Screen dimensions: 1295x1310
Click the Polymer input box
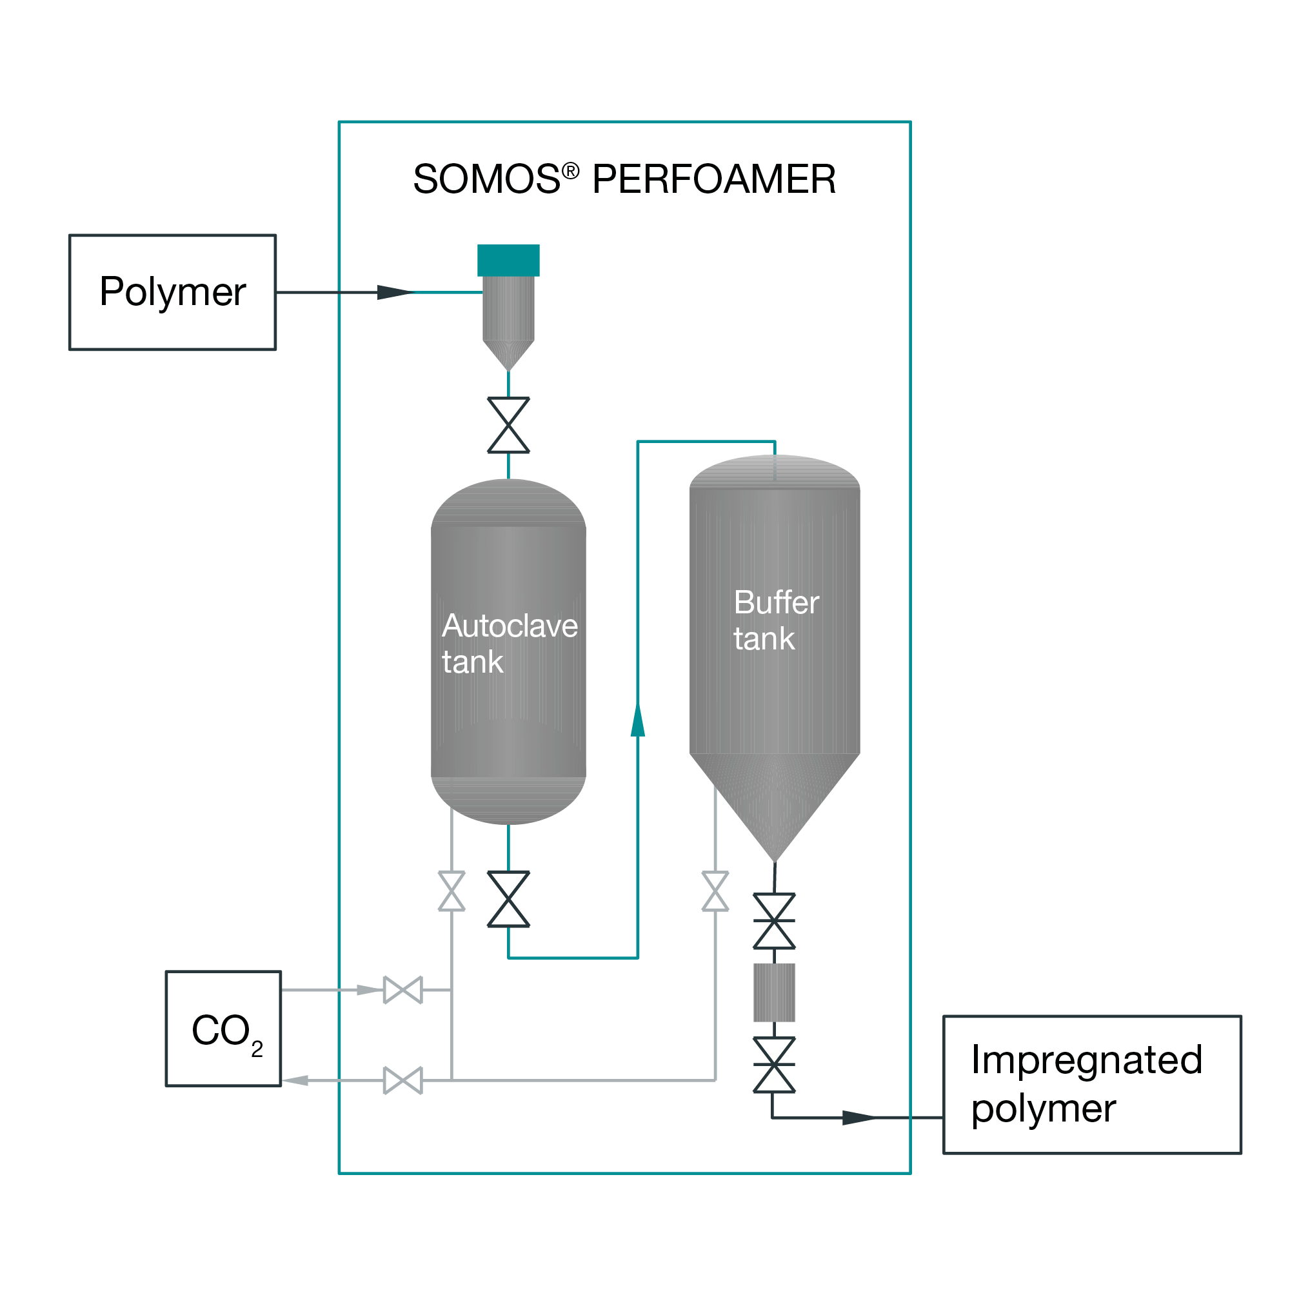pos(172,292)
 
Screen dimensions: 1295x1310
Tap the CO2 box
pos(223,1029)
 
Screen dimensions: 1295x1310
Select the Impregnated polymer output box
pos(1091,1084)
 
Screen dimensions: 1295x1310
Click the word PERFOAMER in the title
pos(713,180)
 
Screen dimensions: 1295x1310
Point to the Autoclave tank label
pos(508,643)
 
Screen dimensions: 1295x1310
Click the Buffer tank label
pos(776,620)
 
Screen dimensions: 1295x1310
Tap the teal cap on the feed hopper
pos(508,261)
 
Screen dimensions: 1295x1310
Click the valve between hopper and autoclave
pos(508,425)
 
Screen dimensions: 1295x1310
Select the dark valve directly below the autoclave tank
pos(508,899)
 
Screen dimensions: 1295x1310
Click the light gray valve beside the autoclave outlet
pos(452,891)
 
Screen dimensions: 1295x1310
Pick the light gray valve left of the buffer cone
pos(715,891)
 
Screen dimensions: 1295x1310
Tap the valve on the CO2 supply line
pos(402,990)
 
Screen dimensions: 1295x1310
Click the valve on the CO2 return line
pos(402,1080)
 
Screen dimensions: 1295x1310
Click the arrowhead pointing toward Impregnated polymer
pos(858,1118)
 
